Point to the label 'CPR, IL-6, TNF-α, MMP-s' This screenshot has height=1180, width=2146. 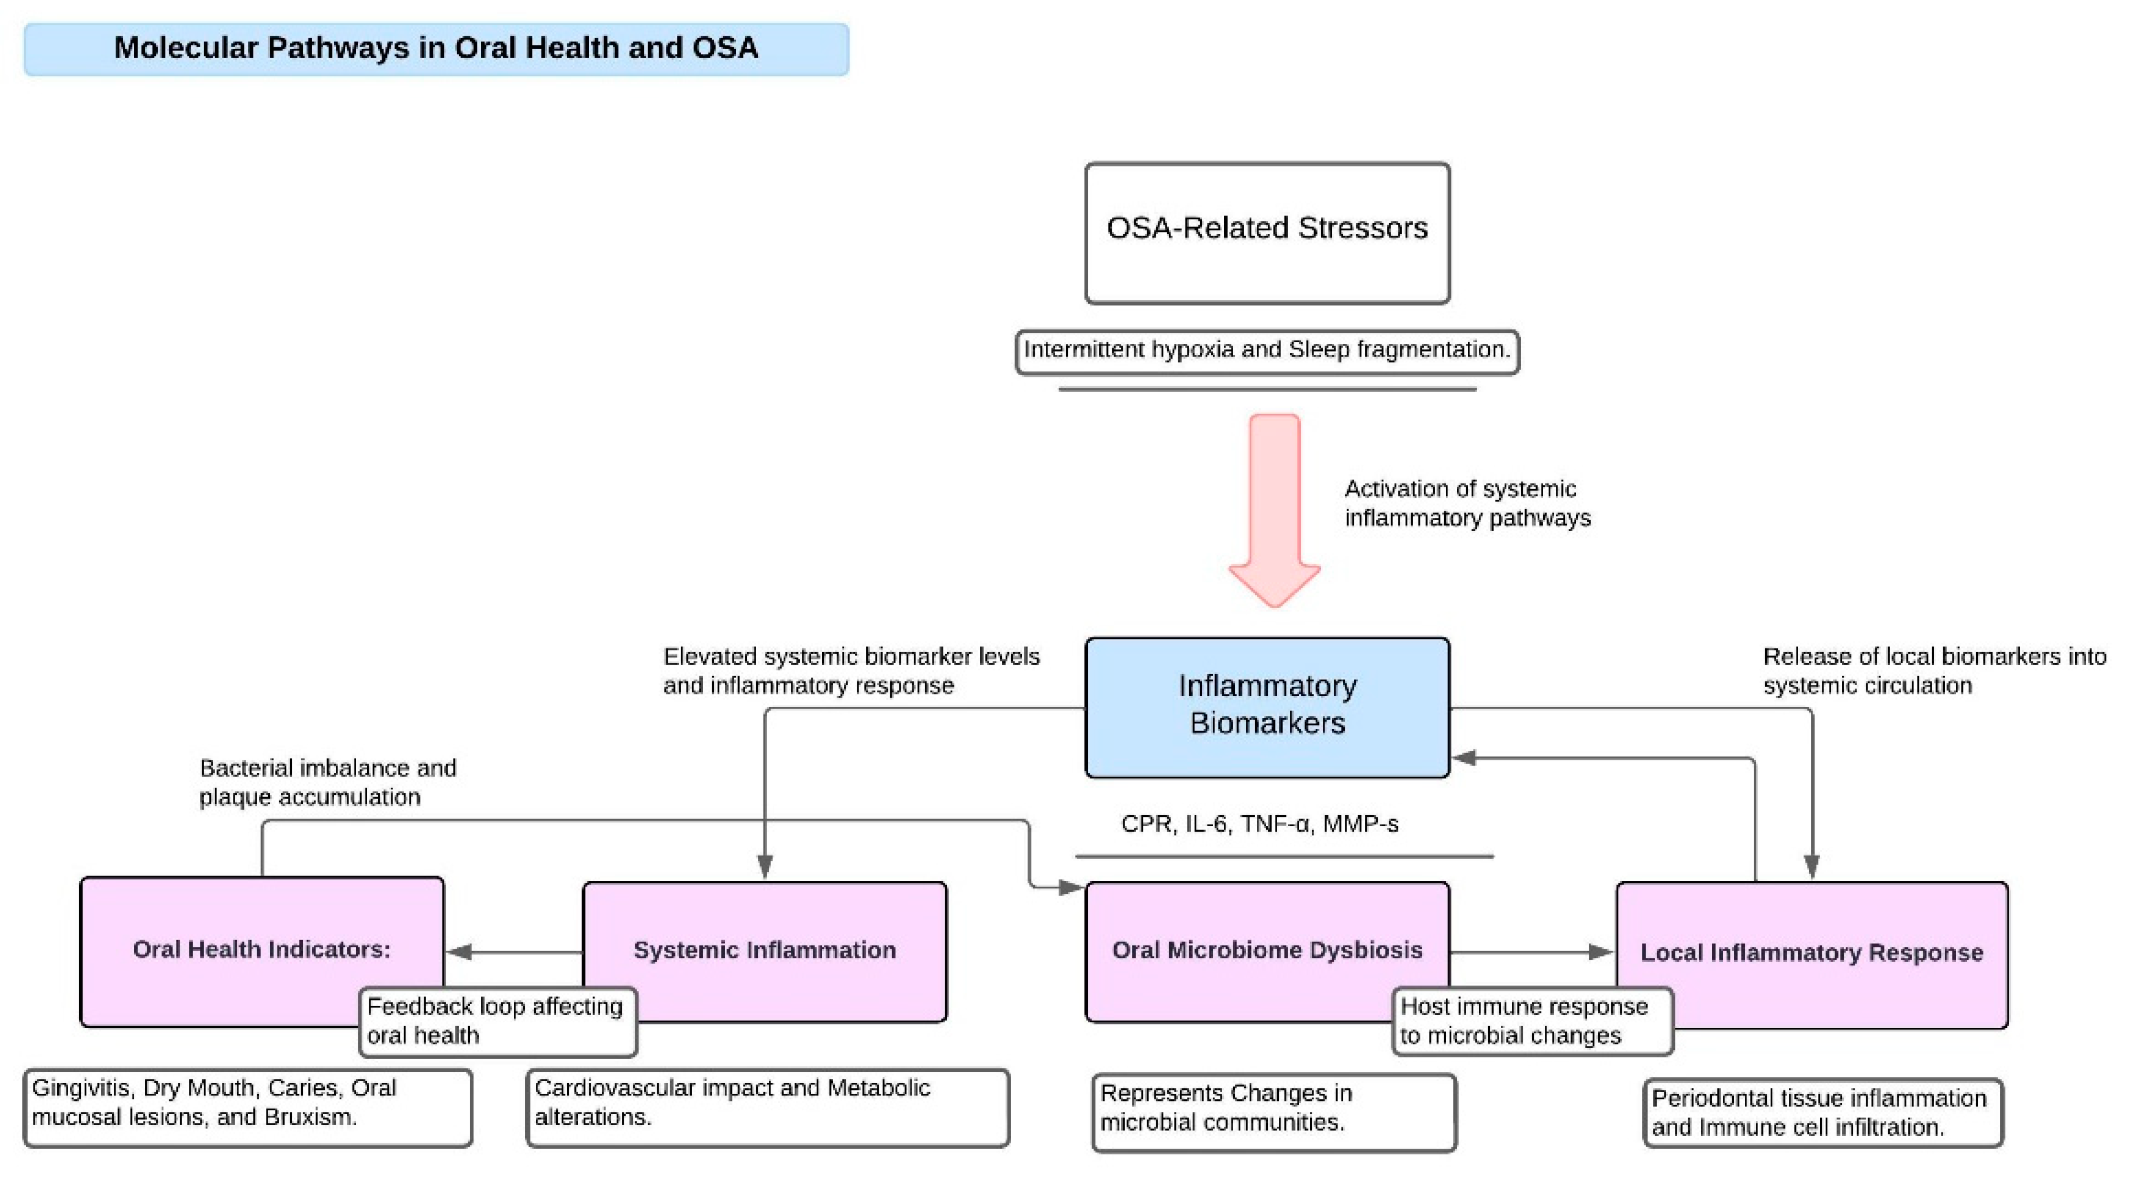(1259, 823)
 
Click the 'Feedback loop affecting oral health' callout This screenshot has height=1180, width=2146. (497, 1021)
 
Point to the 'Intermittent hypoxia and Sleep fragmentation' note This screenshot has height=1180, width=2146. (1266, 350)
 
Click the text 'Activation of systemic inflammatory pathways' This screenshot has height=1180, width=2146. (1466, 503)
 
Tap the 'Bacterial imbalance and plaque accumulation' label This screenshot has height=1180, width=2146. (328, 782)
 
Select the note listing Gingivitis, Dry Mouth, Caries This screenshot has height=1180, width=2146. (247, 1107)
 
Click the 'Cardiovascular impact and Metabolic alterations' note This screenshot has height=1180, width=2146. (767, 1107)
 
